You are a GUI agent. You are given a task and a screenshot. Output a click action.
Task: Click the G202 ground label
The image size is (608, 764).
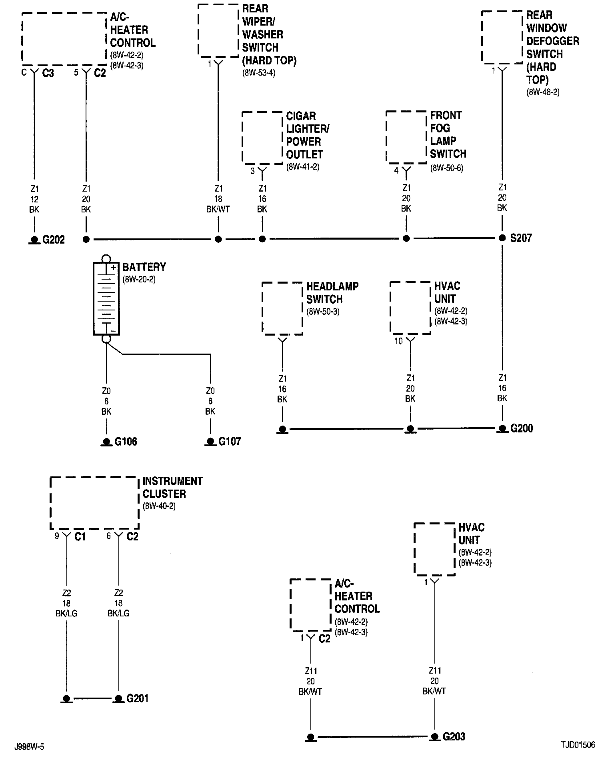click(54, 240)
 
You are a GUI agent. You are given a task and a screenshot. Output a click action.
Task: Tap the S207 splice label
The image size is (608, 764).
click(521, 238)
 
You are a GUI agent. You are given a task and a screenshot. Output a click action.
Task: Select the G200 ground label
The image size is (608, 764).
click(522, 428)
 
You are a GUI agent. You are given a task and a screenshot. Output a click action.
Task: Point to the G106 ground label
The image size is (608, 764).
click(126, 442)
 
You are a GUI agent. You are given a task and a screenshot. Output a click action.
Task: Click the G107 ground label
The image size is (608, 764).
click(230, 442)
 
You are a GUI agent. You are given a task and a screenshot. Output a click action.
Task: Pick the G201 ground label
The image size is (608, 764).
click(138, 698)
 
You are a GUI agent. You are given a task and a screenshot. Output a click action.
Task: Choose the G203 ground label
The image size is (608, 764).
click(454, 736)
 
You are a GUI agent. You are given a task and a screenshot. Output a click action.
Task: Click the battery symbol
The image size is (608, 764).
click(106, 298)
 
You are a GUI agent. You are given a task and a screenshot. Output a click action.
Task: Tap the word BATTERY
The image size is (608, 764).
click(144, 267)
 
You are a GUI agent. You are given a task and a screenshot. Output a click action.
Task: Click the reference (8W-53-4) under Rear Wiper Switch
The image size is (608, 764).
click(258, 73)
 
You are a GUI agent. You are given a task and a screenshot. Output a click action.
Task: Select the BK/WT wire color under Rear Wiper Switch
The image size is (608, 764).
click(218, 209)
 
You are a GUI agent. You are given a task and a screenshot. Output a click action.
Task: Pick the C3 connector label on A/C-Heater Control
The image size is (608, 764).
click(48, 73)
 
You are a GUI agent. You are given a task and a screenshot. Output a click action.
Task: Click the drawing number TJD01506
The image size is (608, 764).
click(577, 745)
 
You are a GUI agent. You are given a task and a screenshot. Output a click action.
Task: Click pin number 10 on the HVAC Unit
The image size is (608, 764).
click(399, 342)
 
